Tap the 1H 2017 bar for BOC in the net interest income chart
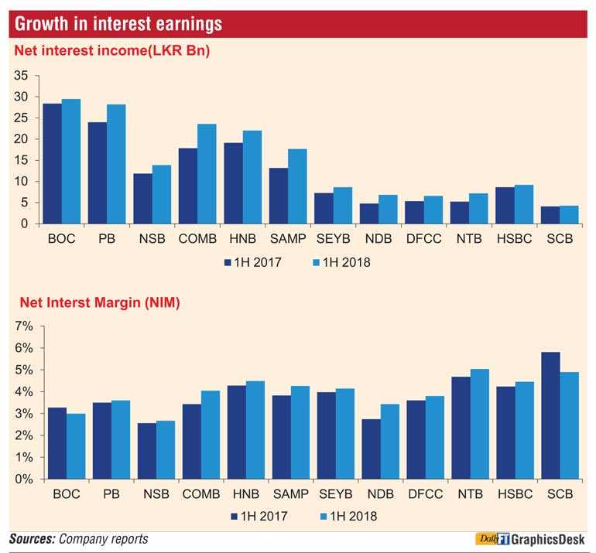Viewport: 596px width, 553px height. coord(53,163)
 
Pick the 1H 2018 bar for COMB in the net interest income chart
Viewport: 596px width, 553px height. coord(207,173)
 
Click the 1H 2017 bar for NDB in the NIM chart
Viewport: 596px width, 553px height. coord(371,449)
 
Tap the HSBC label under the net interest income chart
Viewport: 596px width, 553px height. coord(514,239)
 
